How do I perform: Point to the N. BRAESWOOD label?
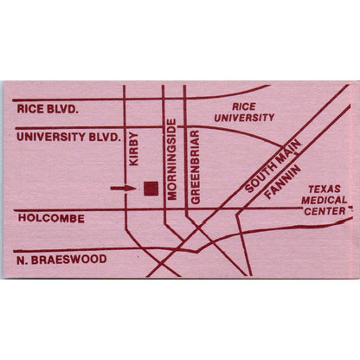pyautogui.click(x=61, y=259)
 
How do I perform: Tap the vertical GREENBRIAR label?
pyautogui.click(x=196, y=167)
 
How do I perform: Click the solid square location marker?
pyautogui.click(x=151, y=188)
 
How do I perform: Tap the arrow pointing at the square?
pyautogui.click(x=124, y=188)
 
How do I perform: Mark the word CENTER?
pyautogui.click(x=325, y=210)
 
